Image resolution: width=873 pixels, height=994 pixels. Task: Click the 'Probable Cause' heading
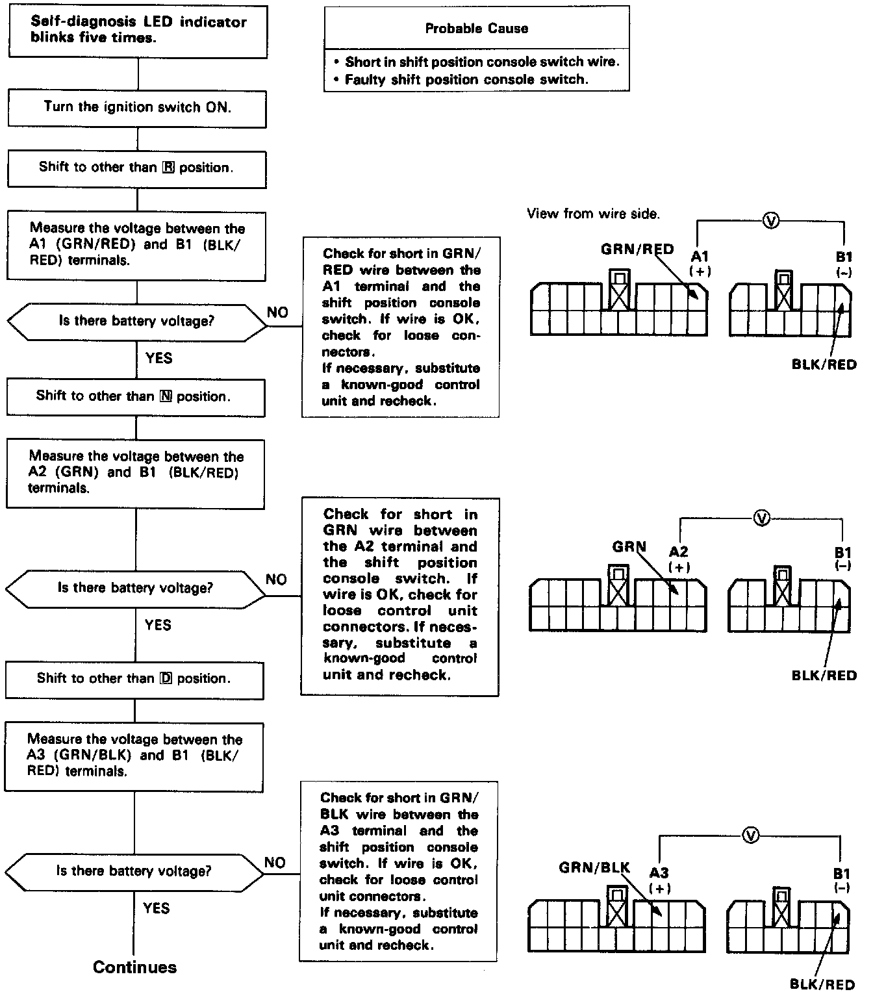pos(476,29)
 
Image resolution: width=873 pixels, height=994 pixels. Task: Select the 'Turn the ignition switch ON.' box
pos(137,107)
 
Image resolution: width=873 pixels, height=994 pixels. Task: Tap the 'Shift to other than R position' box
pos(136,168)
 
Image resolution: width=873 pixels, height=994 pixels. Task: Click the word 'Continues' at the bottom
pos(134,967)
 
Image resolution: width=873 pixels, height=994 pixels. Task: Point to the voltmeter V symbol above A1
pos(771,222)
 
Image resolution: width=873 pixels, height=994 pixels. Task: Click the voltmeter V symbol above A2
pos(762,518)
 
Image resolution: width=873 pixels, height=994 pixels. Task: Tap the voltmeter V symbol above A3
pos(751,835)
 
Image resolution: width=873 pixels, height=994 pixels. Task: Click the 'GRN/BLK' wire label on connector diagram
pos(594,867)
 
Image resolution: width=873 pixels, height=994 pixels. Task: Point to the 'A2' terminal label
pos(679,552)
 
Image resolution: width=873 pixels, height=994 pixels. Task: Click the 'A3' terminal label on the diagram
pos(659,874)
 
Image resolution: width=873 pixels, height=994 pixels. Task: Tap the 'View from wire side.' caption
pos(593,214)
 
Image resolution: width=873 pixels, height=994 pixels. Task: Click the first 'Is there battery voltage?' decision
pos(136,322)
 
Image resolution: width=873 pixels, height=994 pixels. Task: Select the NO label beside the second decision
pos(276,580)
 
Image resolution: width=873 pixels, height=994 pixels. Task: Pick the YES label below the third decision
pos(157,908)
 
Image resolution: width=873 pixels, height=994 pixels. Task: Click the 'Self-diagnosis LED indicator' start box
pos(138,30)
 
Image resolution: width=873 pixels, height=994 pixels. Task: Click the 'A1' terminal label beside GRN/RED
pos(700,257)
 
